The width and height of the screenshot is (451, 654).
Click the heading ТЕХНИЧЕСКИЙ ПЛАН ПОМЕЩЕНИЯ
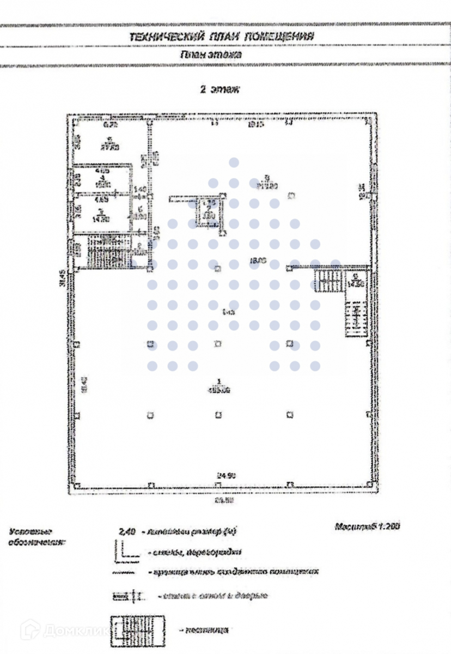[x=221, y=37]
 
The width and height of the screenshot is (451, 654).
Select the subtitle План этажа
[x=211, y=55]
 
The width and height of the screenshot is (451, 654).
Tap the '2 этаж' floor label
[x=220, y=90]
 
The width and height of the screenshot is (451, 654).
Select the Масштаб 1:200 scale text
[x=367, y=527]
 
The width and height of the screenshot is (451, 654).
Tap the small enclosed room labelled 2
[x=208, y=213]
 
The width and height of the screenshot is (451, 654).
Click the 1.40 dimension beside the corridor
[x=139, y=190]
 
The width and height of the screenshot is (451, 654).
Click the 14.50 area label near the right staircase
[x=357, y=283]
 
